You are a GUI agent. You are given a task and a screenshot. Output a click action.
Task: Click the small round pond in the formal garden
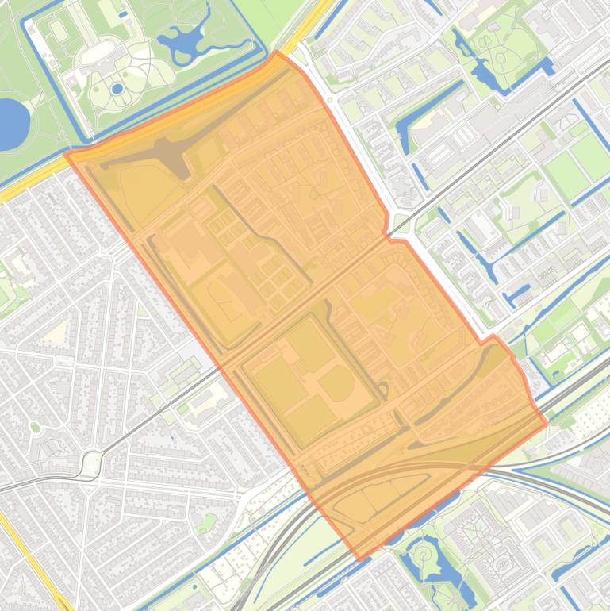pos(117,88)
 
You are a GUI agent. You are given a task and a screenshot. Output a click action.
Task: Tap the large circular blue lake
pos(10,124)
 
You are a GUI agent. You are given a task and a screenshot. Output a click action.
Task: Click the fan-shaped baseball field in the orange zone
pos(337,383)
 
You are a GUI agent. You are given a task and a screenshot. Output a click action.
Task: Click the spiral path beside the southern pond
pos(425,548)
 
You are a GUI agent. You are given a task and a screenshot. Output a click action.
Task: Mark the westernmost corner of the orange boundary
pos(66,154)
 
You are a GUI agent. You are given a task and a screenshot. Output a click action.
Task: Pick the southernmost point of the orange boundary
pos(360,559)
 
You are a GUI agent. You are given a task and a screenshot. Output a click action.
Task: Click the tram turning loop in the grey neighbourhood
pos(92,463)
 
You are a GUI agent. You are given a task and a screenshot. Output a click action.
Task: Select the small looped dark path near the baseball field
pos(384,390)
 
